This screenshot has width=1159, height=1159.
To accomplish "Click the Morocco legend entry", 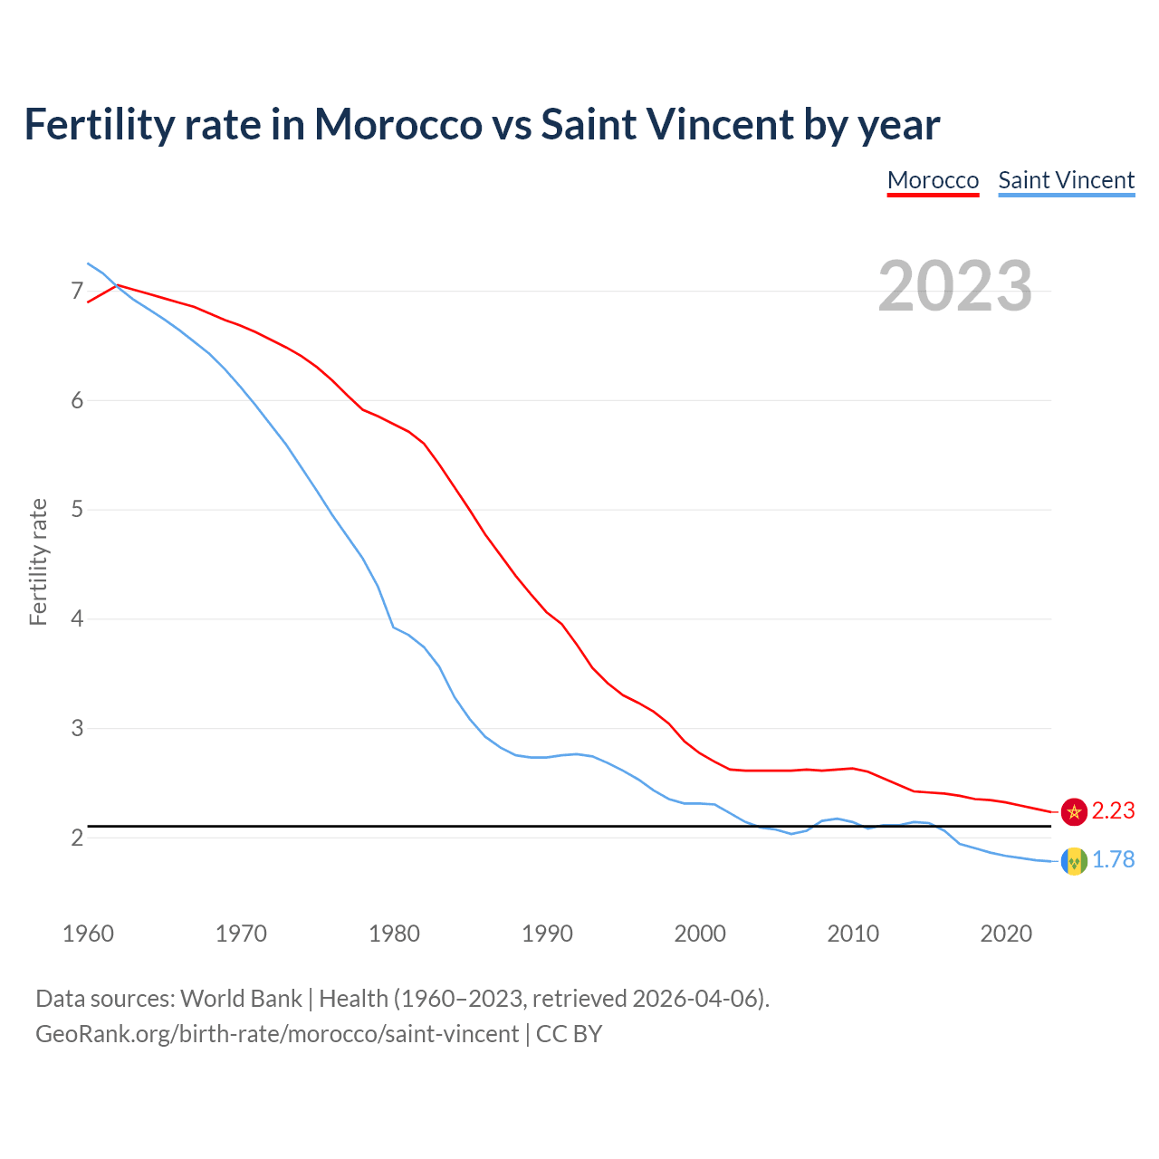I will tap(933, 180).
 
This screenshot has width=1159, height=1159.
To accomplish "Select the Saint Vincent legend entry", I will tap(1066, 180).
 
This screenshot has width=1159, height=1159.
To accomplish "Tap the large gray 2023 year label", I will tap(954, 286).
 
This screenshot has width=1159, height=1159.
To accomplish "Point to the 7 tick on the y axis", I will tap(77, 291).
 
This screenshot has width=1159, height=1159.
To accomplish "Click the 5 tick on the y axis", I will tap(77, 510).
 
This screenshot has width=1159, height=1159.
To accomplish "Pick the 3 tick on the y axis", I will tap(77, 728).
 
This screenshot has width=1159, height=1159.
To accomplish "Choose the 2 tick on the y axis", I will tap(77, 838).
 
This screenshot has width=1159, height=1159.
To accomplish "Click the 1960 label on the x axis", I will tap(88, 934).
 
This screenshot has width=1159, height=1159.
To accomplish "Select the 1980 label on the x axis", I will tap(394, 934).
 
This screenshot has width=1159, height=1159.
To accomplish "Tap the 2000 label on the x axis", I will tap(700, 934).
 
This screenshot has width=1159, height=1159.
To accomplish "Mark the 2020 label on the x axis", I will tap(1006, 934).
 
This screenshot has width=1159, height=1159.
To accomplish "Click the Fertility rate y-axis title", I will tap(38, 561).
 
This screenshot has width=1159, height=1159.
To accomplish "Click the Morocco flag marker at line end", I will tap(1074, 811).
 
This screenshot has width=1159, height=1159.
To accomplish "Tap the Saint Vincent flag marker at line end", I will tap(1074, 860).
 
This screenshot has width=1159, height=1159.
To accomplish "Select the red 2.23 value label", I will tap(1113, 811).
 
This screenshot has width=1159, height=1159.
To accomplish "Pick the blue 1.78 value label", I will tap(1113, 860).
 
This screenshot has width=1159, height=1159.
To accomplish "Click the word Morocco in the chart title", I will tap(398, 124).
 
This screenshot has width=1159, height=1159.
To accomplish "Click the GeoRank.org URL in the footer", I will tap(277, 1034).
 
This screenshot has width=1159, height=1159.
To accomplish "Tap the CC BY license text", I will tap(569, 1034).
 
